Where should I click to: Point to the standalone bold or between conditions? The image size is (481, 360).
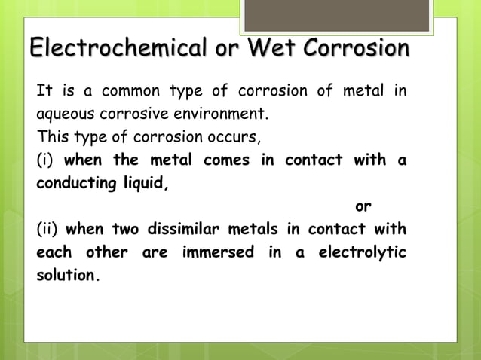[363, 206]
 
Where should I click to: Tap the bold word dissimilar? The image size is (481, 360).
[170, 229]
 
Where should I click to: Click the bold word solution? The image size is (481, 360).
[68, 275]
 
